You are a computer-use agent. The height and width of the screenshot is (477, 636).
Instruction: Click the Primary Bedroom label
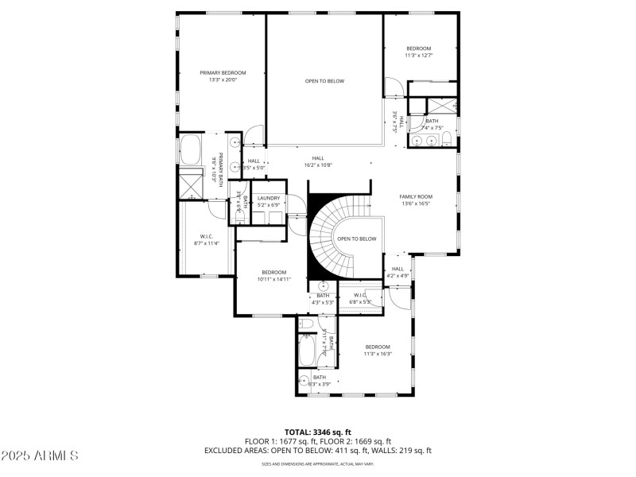[223, 72]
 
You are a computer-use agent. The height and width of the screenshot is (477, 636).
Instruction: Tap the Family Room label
[415, 196]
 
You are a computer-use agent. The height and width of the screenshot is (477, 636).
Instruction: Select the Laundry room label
[268, 198]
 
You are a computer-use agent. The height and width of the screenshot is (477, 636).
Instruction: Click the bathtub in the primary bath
[192, 149]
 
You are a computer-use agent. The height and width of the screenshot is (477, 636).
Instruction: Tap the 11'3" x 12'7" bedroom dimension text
[418, 56]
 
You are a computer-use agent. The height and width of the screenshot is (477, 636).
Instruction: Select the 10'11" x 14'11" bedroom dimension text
[273, 279]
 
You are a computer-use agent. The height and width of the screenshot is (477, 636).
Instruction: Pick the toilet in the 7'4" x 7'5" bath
[447, 141]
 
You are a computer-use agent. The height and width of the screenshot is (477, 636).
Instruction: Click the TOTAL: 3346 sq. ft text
[317, 432]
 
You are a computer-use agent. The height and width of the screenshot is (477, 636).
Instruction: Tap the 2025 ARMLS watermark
[40, 456]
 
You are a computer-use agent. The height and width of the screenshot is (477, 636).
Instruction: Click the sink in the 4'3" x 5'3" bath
[324, 286]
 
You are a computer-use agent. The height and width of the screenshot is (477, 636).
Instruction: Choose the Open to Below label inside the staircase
[356, 238]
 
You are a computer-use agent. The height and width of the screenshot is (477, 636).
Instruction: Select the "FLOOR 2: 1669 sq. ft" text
[358, 441]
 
